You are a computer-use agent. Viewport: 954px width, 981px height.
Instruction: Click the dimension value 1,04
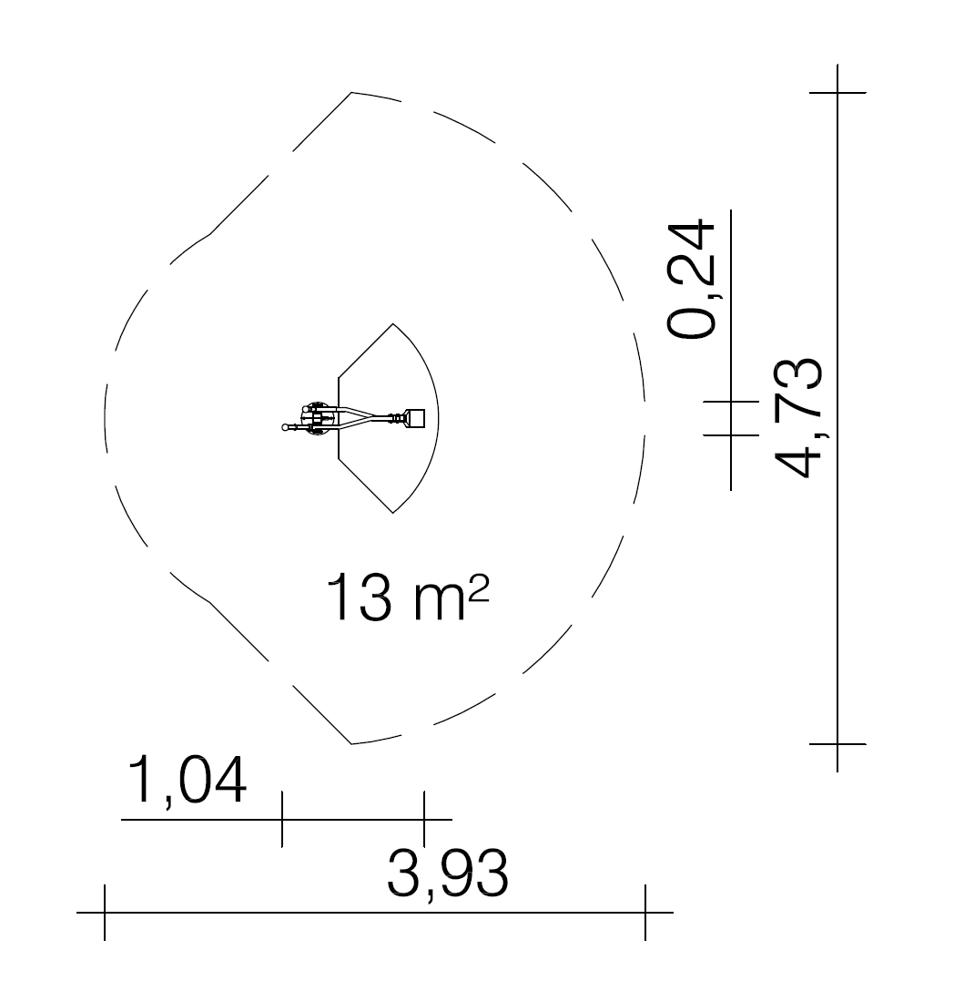(x=187, y=781)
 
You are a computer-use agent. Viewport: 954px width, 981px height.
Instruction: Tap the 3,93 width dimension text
(x=448, y=874)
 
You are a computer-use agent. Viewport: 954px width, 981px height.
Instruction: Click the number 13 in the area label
(x=360, y=598)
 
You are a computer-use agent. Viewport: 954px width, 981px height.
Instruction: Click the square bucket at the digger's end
(x=415, y=417)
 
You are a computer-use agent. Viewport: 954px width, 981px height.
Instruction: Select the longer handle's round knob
(x=286, y=427)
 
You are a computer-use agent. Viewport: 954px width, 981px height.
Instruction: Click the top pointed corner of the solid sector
(x=392, y=323)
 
